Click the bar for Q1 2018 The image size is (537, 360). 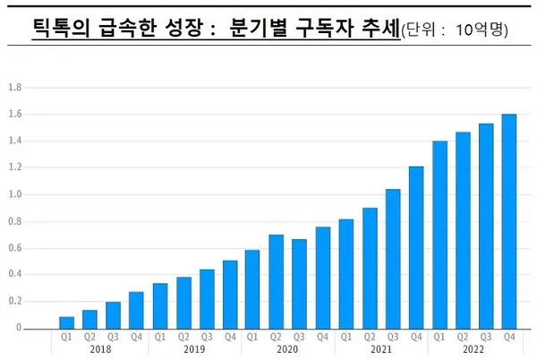pos(66,322)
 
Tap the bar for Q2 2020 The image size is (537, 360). pos(277,281)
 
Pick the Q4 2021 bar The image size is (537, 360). pos(416,247)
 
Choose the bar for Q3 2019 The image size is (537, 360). pos(207,298)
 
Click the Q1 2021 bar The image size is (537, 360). pos(346,273)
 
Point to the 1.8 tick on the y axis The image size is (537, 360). pos(13,88)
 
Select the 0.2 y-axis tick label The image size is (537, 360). pos(13,301)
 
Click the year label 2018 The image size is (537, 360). pos(101,348)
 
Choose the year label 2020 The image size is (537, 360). pos(287,348)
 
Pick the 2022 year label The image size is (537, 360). pos(474,348)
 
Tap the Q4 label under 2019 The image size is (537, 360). pos(230,338)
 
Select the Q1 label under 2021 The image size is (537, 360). pos(346,338)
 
